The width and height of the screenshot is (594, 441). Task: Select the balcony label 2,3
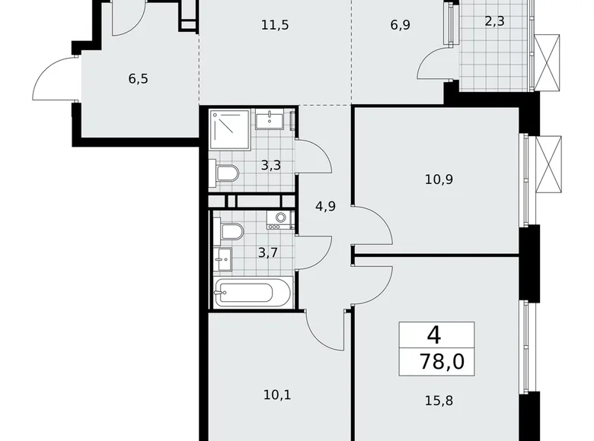(495, 22)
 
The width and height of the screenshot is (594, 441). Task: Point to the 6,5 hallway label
(118, 78)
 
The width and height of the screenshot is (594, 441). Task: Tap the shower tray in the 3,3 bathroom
(230, 128)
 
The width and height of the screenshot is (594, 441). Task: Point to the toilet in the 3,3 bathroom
(228, 174)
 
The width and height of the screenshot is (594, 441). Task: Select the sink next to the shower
(270, 120)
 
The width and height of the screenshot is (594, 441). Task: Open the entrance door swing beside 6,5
(56, 78)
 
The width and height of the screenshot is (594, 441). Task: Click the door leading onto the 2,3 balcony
(438, 65)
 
